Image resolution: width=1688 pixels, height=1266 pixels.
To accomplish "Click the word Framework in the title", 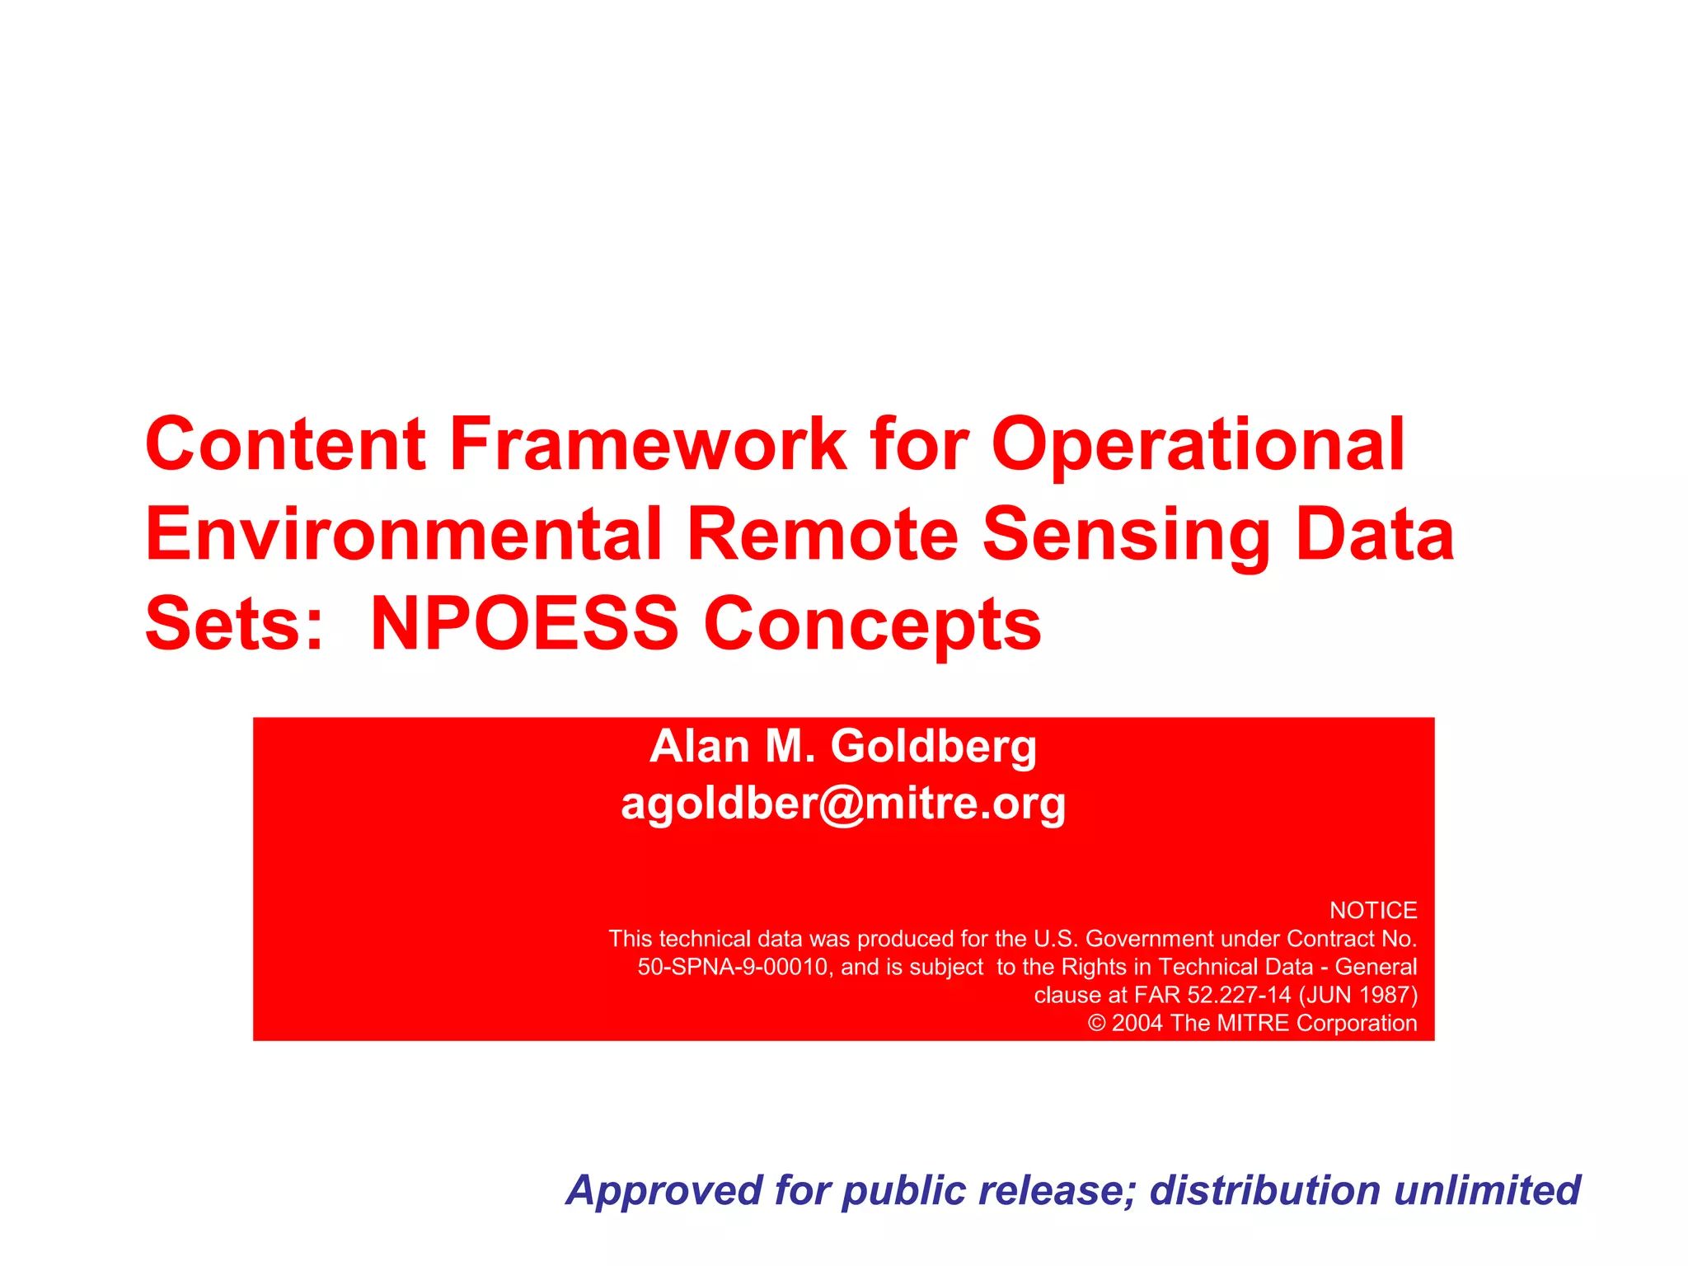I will (x=648, y=444).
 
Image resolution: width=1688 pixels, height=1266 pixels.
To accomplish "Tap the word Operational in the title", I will (x=1198, y=444).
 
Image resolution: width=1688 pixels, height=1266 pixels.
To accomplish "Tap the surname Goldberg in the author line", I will (x=933, y=746).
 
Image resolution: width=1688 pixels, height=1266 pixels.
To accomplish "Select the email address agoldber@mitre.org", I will (x=843, y=803).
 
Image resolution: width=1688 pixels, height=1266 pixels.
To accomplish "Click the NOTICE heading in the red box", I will (x=1373, y=910).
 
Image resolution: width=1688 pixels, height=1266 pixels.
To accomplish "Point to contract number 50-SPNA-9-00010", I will (x=732, y=967).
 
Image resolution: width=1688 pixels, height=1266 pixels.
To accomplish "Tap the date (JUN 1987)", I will (x=1358, y=995).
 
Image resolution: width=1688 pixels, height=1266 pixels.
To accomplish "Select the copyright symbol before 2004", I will (x=1096, y=1023).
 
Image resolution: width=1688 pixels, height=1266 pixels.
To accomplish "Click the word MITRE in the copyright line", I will (x=1253, y=1023).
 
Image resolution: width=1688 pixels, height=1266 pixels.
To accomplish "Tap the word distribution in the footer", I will (x=1264, y=1190).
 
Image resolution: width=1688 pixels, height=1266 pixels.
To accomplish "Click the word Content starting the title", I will (x=285, y=444).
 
